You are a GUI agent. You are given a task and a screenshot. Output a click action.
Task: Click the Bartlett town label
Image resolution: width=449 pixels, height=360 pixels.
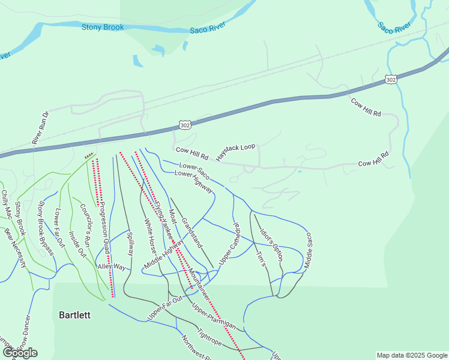74,315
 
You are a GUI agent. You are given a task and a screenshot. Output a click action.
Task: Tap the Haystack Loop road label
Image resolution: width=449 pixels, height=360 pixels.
236,147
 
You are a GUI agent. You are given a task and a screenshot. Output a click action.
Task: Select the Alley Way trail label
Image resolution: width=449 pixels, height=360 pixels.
112,266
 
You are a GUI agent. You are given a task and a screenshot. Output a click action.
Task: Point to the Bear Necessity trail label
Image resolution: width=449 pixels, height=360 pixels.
16,247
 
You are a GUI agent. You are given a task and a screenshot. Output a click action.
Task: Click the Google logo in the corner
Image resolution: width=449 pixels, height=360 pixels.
20,353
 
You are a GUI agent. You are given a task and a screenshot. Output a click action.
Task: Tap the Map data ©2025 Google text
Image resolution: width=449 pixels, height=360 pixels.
412,355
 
